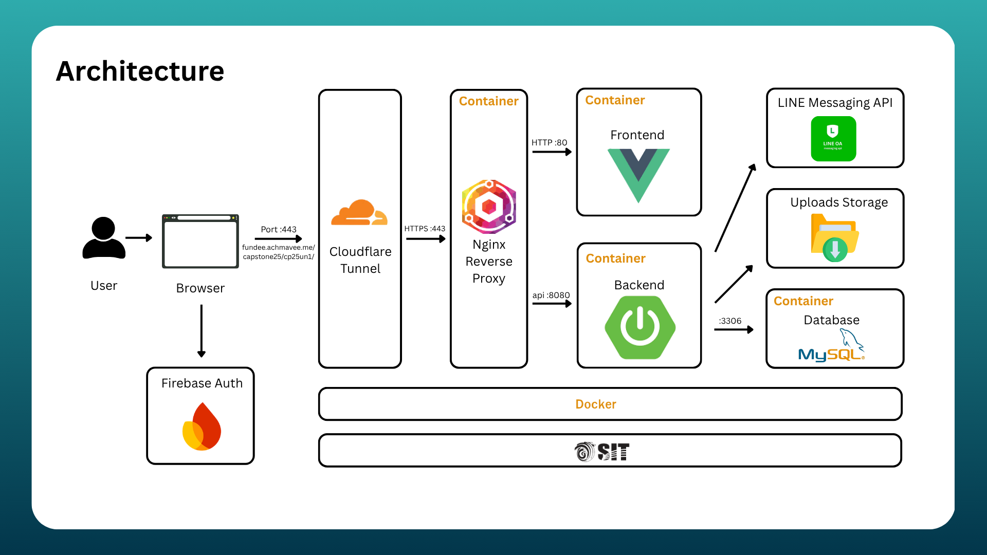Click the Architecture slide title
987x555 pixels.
coord(140,71)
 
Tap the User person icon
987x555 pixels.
coord(104,238)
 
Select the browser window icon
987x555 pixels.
coord(200,242)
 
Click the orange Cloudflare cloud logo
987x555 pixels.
coord(359,213)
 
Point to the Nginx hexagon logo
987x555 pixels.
coord(489,207)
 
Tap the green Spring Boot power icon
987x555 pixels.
coord(640,327)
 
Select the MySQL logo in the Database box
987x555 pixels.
coord(832,346)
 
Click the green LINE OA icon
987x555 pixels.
coord(833,139)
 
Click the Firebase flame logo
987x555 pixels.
coord(202,427)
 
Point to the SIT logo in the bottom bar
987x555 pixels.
coord(602,452)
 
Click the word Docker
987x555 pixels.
coord(596,404)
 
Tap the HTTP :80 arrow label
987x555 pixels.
coord(549,142)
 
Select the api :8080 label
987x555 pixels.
coord(551,295)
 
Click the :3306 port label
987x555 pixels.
coord(730,321)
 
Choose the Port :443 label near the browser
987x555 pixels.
coord(279,229)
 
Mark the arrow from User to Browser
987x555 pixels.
coord(139,238)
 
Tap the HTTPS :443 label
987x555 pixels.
coord(425,229)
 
